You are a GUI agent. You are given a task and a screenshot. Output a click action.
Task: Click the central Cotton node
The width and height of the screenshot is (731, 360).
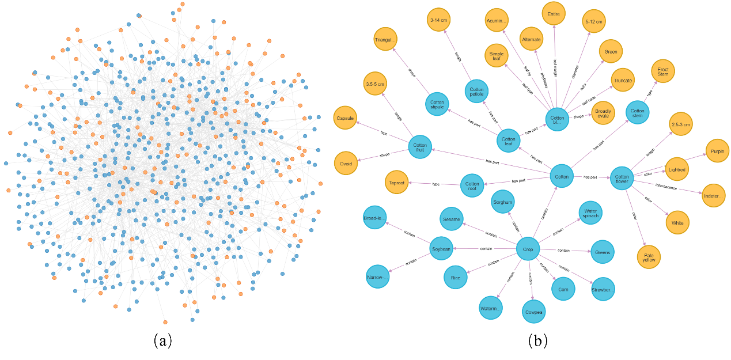562,176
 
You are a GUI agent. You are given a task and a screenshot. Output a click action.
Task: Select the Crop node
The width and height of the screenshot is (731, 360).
528,249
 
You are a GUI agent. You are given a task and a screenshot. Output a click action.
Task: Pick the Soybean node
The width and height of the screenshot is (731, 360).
441,248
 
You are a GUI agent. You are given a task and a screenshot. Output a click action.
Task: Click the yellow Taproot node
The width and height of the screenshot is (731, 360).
396,183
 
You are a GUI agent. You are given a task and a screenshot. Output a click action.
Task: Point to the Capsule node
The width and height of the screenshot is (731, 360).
344,118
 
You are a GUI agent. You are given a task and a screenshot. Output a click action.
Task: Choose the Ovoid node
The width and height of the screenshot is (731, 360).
345,163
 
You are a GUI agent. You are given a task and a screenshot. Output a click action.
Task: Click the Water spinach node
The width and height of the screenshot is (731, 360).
590,213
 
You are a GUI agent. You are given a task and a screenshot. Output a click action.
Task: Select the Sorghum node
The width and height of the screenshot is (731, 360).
502,202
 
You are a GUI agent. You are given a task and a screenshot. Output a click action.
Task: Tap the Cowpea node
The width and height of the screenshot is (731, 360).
533,312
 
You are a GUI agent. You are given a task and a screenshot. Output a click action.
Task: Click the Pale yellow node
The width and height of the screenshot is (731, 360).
649,257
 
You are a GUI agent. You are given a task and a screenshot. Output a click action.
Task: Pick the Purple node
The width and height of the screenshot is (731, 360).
717,151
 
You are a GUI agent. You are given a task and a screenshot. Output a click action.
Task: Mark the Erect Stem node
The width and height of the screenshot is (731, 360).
663,71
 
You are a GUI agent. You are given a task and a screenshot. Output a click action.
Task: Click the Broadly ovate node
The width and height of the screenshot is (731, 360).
603,112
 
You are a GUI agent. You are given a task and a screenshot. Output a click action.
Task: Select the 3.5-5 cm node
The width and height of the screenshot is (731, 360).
374,84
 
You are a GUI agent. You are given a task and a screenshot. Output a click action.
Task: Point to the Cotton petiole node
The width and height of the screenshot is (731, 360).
476,92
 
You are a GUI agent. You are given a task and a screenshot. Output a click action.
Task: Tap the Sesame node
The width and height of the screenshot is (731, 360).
451,219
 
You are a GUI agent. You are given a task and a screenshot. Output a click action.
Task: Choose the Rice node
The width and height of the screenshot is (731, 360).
456,278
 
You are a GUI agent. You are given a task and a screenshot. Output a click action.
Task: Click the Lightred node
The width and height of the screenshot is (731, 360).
677,169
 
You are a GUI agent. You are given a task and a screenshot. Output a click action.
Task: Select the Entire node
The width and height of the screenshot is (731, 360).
554,13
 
